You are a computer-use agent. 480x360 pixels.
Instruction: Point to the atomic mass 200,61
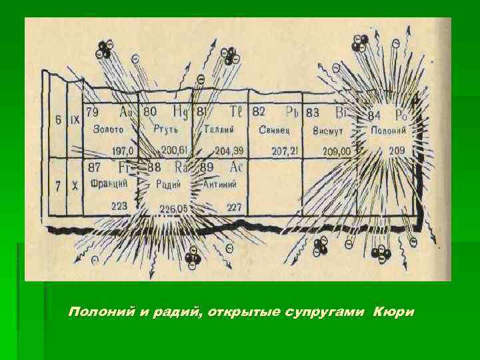click(x=175, y=149)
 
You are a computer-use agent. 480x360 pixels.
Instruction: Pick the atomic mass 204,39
click(x=229, y=149)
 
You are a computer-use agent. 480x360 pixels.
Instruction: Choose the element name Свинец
click(x=272, y=129)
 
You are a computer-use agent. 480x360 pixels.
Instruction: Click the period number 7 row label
click(x=58, y=187)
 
